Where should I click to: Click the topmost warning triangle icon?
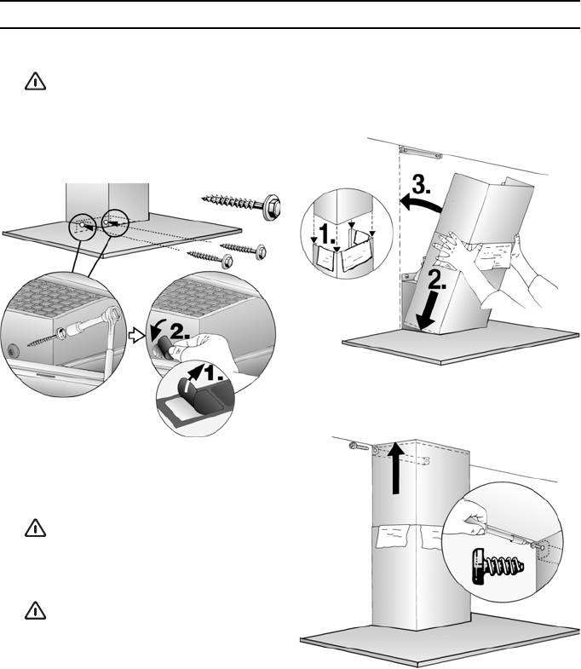pos(36,81)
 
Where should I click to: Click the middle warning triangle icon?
pos(36,528)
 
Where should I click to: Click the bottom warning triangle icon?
pos(36,610)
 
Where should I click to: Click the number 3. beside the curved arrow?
pos(422,185)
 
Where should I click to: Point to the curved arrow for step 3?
pos(420,203)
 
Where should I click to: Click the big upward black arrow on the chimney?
pos(397,468)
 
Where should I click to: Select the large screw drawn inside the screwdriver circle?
pos(498,566)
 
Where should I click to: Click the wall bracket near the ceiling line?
pos(420,153)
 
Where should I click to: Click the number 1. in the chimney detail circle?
pos(327,234)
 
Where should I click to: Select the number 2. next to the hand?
pos(180,331)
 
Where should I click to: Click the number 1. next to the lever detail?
pos(212,373)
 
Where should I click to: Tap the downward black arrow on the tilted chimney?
pos(428,310)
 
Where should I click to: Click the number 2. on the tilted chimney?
pos(436,280)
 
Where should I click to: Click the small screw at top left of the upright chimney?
pos(359,447)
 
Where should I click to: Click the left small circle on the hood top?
pos(83,225)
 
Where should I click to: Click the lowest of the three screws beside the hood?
pos(210,258)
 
